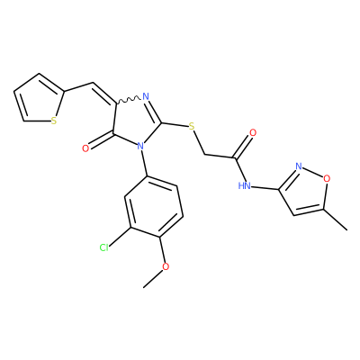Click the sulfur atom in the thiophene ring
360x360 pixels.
tap(54, 121)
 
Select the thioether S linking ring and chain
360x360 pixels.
tap(192, 127)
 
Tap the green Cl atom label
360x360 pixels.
tap(104, 247)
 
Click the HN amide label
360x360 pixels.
tap(245, 185)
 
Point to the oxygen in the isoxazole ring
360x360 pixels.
tap(327, 178)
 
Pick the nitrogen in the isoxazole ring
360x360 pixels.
tap(298, 166)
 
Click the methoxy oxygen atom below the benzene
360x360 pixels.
tap(166, 266)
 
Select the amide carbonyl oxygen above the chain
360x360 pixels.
tap(253, 132)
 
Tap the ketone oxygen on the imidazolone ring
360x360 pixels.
tap(85, 148)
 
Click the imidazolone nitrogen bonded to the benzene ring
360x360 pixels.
tap(139, 147)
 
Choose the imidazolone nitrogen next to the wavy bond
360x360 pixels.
tap(146, 96)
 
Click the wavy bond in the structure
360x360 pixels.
tap(128, 100)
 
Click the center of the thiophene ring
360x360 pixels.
tap(40, 100)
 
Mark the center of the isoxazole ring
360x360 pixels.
tap(305, 192)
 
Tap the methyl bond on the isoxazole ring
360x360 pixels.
tap(335, 220)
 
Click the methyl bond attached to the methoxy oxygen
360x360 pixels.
tap(153, 279)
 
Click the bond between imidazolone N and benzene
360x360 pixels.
tap(143, 163)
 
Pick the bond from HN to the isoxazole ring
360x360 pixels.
tap(265, 188)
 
